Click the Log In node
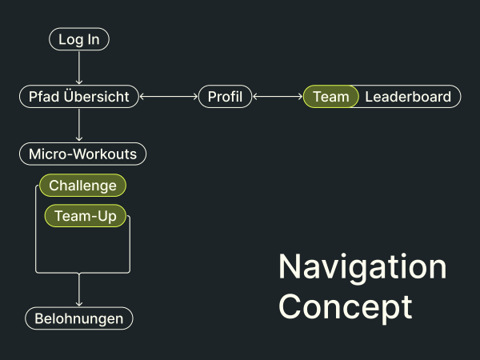click(79, 39)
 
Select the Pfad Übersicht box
click(79, 97)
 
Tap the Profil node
click(225, 97)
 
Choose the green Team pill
click(330, 97)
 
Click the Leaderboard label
click(408, 97)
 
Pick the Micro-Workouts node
click(82, 154)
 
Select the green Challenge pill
click(82, 186)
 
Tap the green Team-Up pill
click(86, 216)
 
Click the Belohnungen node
click(79, 318)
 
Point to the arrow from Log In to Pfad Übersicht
click(79, 67)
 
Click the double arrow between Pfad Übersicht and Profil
click(169, 97)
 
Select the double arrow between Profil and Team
click(278, 97)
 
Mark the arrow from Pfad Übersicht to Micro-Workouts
click(79, 125)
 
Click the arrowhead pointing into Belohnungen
click(79, 304)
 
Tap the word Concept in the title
click(346, 307)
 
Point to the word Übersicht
click(97, 96)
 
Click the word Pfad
click(44, 97)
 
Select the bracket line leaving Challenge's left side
click(36, 230)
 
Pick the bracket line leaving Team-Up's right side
click(130, 245)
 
